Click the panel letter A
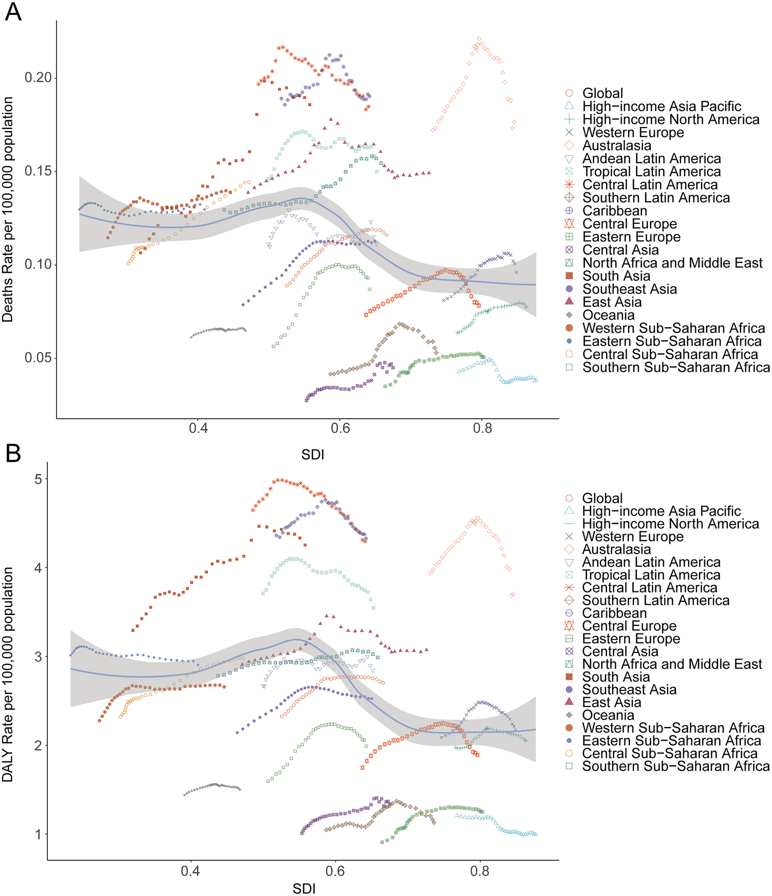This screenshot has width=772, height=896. point(13,12)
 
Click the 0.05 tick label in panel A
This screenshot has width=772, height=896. point(38,358)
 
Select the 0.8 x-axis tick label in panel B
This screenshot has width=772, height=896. point(480,870)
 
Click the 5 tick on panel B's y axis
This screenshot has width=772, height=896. point(38,479)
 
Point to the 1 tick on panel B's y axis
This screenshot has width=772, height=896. point(38,834)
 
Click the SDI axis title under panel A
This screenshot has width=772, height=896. point(312,455)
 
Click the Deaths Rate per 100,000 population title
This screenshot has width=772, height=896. point(8,209)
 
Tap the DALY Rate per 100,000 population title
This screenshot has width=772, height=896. point(8,674)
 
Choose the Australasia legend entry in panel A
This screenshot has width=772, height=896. point(617,146)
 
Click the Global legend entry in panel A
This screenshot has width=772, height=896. point(602,93)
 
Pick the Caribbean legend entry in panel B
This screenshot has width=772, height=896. point(614,613)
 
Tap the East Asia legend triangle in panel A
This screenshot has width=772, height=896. point(569,301)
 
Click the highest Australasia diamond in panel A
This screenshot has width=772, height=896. point(479,39)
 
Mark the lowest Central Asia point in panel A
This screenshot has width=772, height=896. point(307,400)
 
